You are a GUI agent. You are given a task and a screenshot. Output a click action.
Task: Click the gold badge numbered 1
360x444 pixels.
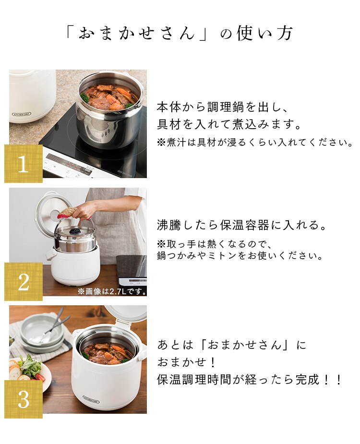24,163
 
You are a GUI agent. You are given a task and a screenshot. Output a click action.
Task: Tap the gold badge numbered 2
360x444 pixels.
24,281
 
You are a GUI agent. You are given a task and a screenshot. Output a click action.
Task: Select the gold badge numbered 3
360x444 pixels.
24,399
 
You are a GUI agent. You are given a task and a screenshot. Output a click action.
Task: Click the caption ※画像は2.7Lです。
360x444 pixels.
112,291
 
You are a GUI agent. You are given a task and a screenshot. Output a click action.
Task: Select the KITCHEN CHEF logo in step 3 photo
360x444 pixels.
91,399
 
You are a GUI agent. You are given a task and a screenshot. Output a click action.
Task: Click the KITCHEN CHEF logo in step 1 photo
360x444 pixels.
22,114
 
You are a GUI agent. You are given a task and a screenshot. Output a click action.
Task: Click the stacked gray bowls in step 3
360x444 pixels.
43,334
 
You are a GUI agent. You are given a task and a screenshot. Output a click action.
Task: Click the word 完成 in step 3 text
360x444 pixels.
308,379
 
